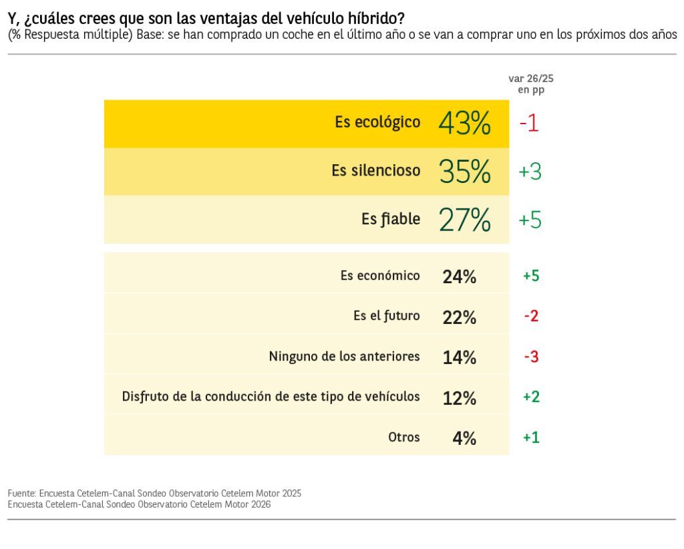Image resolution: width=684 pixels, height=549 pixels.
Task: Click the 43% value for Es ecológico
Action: pyautogui.click(x=465, y=124)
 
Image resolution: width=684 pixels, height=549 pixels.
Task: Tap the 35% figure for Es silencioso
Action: pyautogui.click(x=465, y=172)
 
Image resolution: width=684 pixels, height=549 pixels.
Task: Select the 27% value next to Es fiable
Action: pyautogui.click(x=465, y=220)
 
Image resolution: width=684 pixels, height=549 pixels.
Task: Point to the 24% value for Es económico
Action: pyautogui.click(x=460, y=277)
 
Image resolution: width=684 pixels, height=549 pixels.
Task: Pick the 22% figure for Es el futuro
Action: pyautogui.click(x=460, y=317)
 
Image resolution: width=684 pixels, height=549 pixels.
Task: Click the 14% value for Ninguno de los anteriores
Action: pyautogui.click(x=460, y=357)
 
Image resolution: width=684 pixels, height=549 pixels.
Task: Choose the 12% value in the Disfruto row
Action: pyautogui.click(x=460, y=398)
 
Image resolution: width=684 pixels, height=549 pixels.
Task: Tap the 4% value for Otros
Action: pyautogui.click(x=464, y=438)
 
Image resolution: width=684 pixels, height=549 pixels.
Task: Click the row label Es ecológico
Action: pyautogui.click(x=378, y=122)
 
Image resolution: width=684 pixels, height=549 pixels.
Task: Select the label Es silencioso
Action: pyautogui.click(x=376, y=170)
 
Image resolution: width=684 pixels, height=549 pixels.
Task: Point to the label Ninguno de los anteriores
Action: pyautogui.click(x=344, y=356)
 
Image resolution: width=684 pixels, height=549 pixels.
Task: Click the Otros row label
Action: pyautogui.click(x=404, y=437)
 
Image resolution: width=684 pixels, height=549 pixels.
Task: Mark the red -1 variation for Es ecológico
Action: pyautogui.click(x=529, y=124)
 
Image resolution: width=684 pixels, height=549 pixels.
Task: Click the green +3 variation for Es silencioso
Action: pyautogui.click(x=530, y=172)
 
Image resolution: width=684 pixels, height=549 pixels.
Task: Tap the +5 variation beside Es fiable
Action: pyautogui.click(x=530, y=220)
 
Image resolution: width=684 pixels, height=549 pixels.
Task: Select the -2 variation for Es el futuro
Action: pyautogui.click(x=531, y=316)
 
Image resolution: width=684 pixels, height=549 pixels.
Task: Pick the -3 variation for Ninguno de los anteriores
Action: pyautogui.click(x=531, y=357)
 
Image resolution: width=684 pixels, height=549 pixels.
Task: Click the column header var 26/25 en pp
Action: pyautogui.click(x=531, y=84)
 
